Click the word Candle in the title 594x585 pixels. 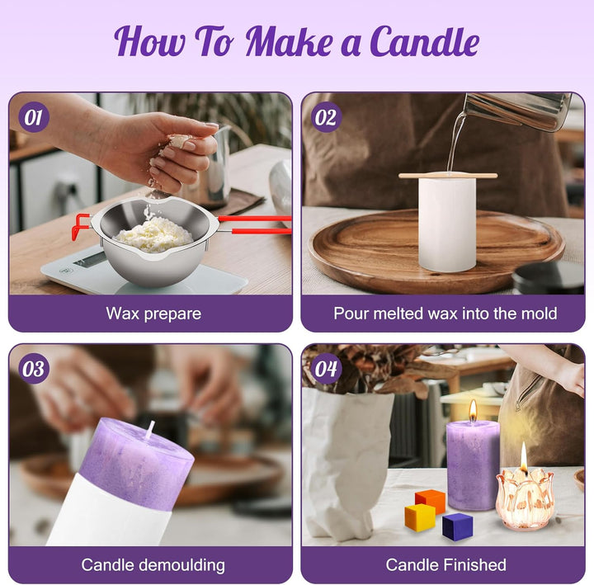point(424,42)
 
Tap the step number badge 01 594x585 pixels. point(34,117)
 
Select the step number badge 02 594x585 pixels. point(326,117)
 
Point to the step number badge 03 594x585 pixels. point(34,369)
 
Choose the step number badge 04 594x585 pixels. point(326,369)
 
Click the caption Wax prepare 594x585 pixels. point(153,314)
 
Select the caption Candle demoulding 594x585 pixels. point(153,565)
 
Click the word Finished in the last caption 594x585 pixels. point(476,565)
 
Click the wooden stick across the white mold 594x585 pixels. point(448,176)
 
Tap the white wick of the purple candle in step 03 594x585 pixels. point(151,429)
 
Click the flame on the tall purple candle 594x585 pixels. point(473,410)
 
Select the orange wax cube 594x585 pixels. point(431,501)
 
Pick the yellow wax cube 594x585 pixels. point(419,517)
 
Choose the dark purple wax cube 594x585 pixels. point(458,526)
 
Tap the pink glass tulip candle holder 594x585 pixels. point(525,499)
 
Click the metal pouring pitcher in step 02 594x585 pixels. point(519,111)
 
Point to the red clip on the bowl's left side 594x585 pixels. point(81,226)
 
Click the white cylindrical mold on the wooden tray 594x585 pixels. point(447,224)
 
